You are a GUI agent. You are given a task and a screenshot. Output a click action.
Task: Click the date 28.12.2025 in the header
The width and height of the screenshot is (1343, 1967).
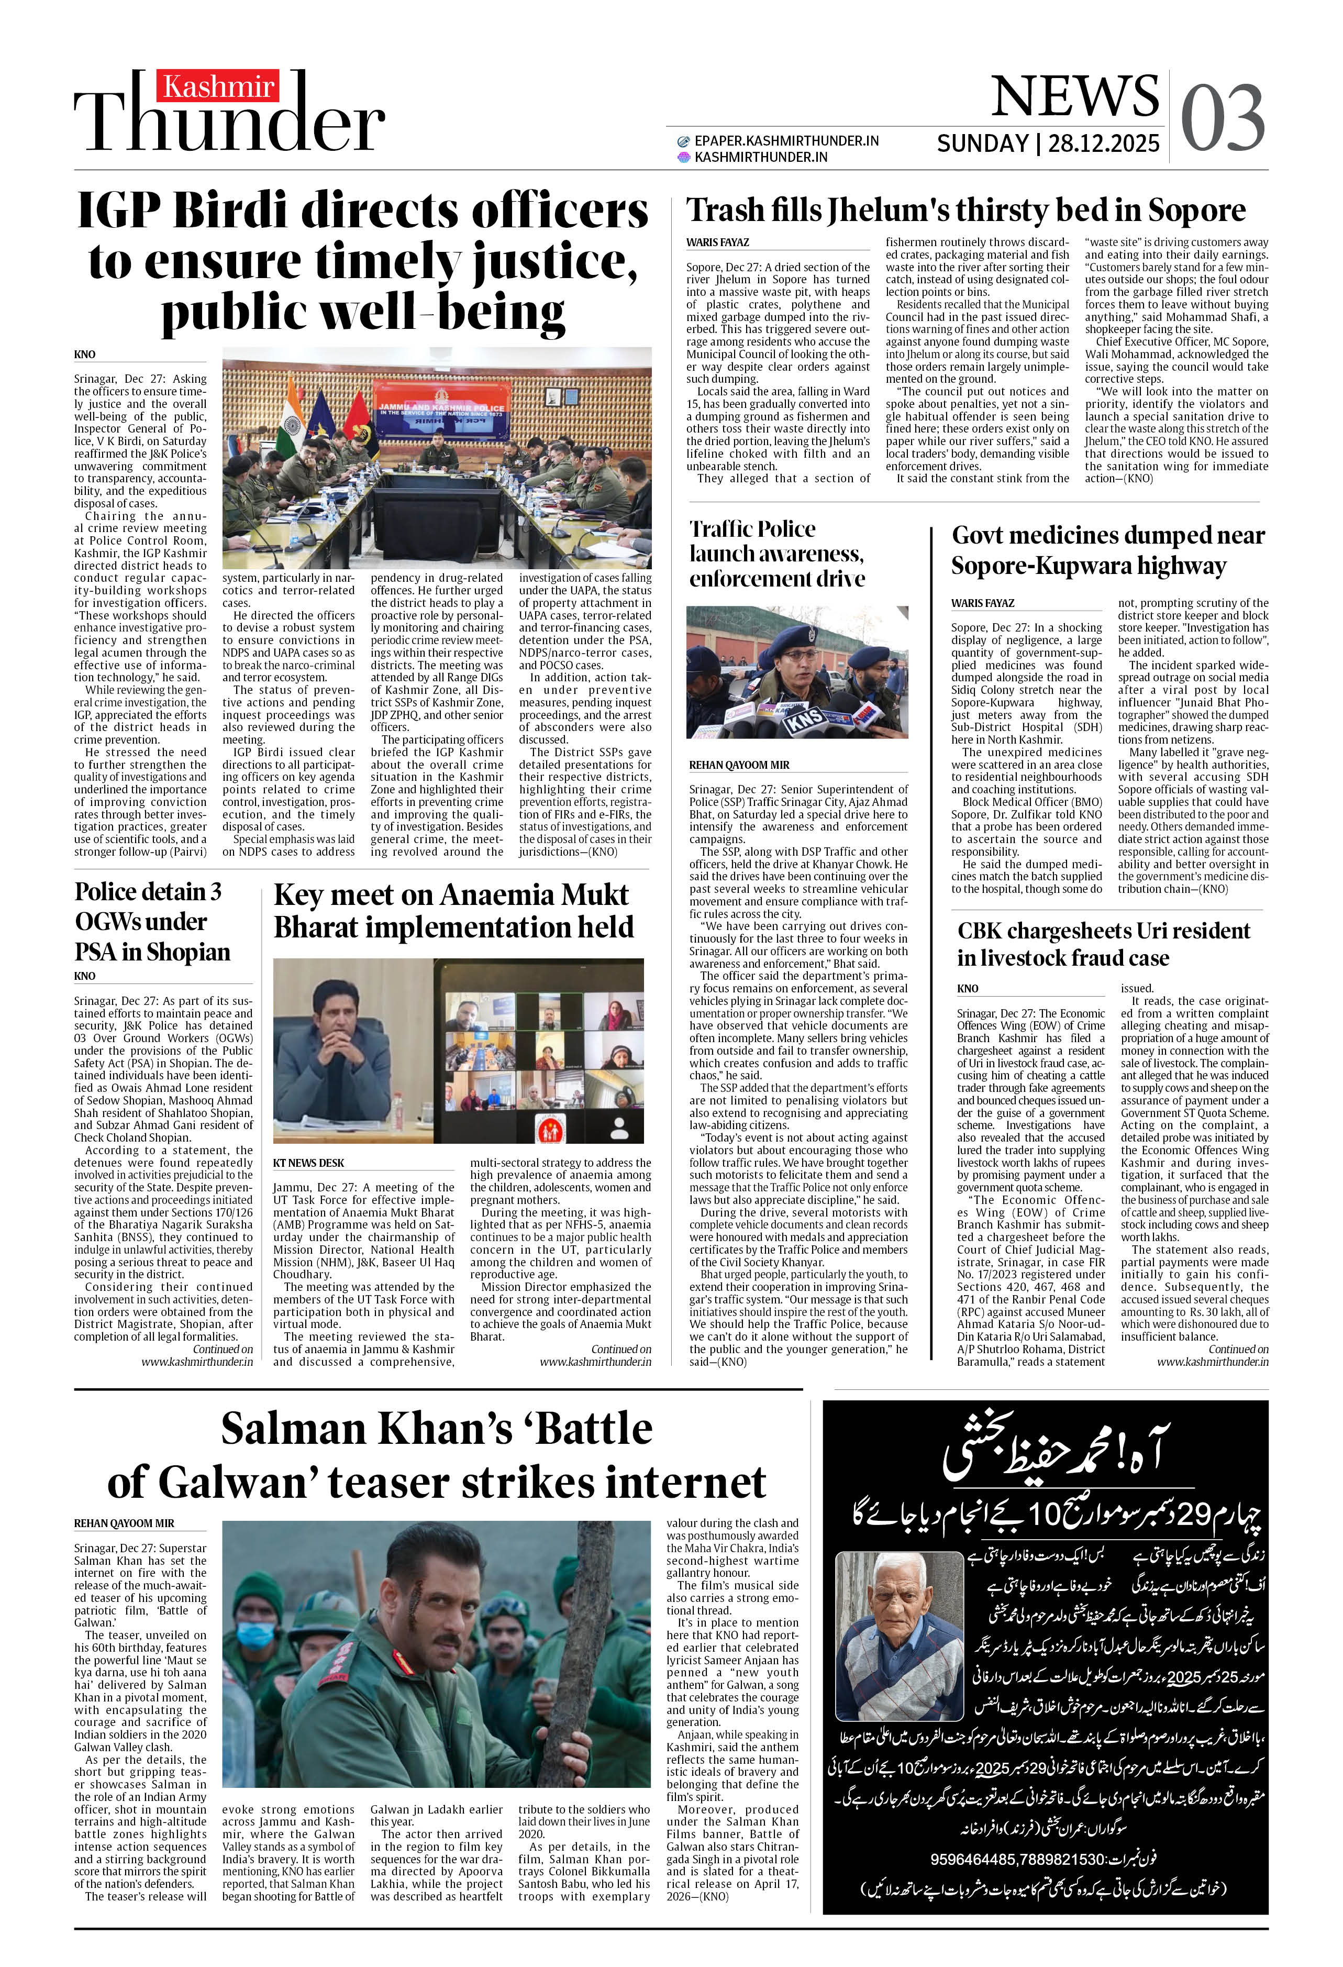point(1104,143)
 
